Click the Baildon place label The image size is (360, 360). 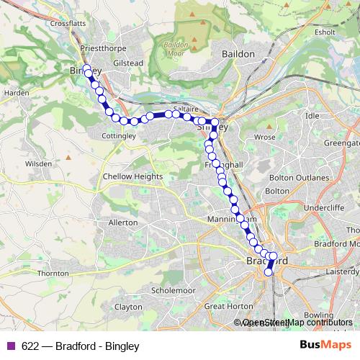238,54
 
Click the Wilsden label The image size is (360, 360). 38,164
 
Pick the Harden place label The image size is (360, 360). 17,93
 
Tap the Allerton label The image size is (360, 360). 122,223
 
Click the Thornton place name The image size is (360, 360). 53,274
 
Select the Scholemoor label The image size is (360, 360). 174,290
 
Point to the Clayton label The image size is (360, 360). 128,306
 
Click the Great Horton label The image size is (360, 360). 224,306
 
